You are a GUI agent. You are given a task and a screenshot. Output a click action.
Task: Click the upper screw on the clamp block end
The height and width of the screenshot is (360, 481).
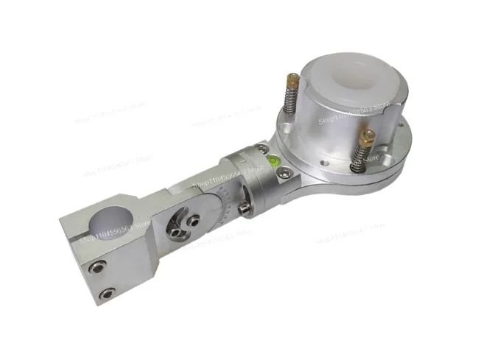click(x=94, y=267)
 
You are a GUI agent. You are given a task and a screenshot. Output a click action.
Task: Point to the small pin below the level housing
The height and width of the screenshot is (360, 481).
click(x=240, y=213)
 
